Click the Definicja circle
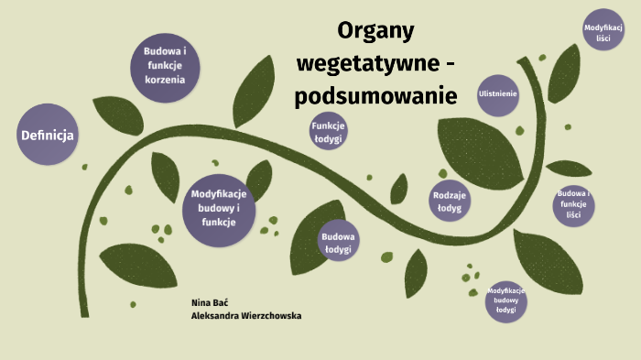point(47,136)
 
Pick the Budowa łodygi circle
point(337,241)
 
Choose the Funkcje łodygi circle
point(327,132)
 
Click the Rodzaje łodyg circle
point(450,201)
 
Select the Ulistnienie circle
point(498,94)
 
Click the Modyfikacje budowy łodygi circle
point(506,300)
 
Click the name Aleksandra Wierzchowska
point(245,315)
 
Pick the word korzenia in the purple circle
point(165,80)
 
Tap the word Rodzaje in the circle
point(450,195)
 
